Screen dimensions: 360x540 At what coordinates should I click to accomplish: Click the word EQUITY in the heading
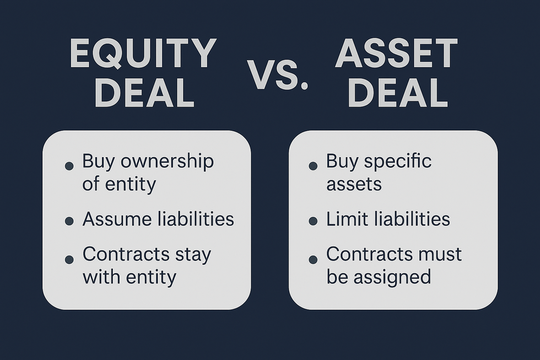[x=143, y=54]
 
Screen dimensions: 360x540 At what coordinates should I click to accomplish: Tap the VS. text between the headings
[x=277, y=74]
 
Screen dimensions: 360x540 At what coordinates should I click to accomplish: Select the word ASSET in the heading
[x=397, y=54]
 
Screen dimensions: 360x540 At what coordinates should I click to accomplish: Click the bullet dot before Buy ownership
[x=69, y=165]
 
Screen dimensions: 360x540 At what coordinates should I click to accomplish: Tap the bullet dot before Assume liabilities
[x=69, y=221]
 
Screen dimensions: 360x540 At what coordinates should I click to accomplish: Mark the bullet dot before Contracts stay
[x=69, y=259]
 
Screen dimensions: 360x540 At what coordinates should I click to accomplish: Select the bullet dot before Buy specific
[x=313, y=165]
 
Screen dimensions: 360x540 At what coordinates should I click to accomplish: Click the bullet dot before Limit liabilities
[x=313, y=221]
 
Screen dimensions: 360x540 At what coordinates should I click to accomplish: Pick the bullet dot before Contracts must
[x=313, y=259]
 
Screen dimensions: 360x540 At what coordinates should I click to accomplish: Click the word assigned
[x=392, y=277]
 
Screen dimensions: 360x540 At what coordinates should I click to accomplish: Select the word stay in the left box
[x=193, y=255]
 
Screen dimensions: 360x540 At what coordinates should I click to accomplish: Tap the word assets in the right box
[x=354, y=184]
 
